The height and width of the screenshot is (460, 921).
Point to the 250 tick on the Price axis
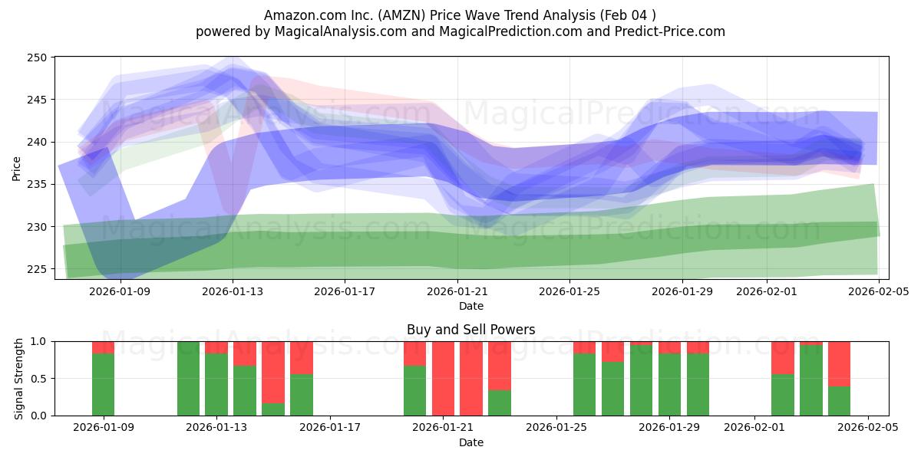coord(39,58)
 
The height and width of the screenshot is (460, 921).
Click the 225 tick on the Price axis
coord(39,269)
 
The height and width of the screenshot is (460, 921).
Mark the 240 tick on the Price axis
coord(39,142)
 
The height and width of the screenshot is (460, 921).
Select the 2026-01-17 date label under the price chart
coord(344,291)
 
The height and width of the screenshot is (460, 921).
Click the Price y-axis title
coord(17,167)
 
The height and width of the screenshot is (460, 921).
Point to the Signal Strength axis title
coord(20,378)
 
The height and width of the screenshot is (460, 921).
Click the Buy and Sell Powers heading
coord(470,330)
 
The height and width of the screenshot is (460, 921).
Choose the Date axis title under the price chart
coord(470,306)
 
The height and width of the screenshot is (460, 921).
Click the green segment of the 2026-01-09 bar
coord(103,384)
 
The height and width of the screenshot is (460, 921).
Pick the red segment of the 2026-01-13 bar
coord(216,347)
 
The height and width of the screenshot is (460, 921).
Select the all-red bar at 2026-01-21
coord(443,378)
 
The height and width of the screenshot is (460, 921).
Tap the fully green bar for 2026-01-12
coord(188,378)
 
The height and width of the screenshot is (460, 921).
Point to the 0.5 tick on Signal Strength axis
coord(39,379)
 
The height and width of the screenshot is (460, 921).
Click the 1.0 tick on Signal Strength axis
coord(39,341)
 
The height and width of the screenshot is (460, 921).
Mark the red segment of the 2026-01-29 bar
coord(669,347)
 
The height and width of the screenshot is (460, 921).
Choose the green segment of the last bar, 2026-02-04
coord(839,401)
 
